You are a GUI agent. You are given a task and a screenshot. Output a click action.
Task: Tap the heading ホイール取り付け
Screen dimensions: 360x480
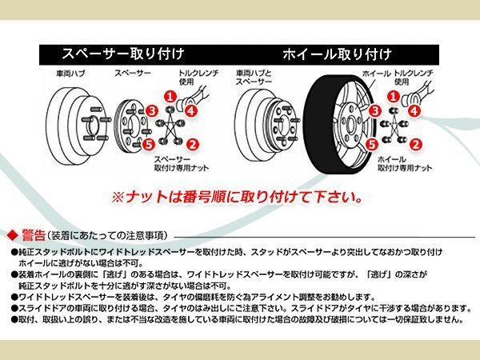(x=337, y=55)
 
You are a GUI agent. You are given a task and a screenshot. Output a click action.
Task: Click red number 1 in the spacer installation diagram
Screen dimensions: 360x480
(x=170, y=96)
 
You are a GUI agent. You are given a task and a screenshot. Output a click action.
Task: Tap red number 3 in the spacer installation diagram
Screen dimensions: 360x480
(x=151, y=110)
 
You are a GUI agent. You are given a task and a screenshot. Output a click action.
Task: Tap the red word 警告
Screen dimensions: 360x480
(x=34, y=235)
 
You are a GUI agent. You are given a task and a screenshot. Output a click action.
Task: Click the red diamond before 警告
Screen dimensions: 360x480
(x=14, y=235)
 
